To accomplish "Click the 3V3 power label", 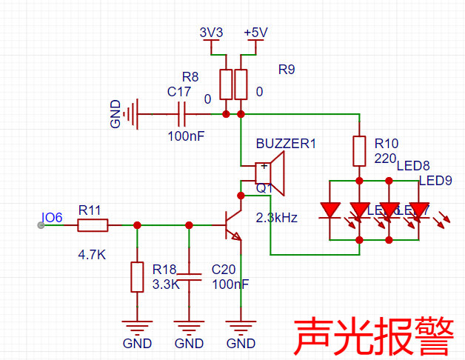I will coord(212,33).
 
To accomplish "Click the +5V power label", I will coord(255,33).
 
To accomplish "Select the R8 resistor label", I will coord(190,77).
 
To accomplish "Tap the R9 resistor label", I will coord(287,70).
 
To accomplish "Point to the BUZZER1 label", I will coord(286,144).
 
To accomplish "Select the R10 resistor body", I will coord(359,151).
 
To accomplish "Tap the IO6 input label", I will coord(52,219).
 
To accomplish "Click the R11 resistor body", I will coord(93,225).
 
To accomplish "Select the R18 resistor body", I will coord(137,276).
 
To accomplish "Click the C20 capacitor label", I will coord(224,270).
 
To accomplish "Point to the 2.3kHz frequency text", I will coord(276,218).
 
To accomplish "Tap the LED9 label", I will coord(435,181).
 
